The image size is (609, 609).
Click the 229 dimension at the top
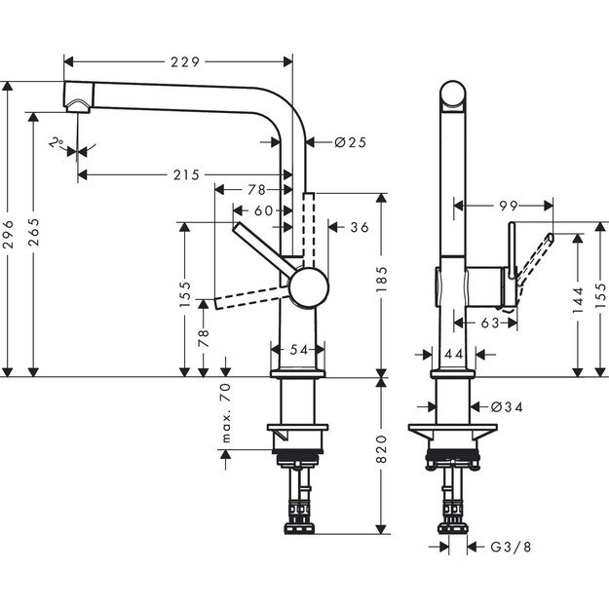click(184, 61)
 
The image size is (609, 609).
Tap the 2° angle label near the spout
click(57, 143)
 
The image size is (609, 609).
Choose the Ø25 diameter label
click(349, 142)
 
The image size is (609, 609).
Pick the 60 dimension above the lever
click(263, 209)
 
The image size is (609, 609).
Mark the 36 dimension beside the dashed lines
click(359, 227)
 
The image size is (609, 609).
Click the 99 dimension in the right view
click(505, 207)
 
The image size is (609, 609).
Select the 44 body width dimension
click(453, 356)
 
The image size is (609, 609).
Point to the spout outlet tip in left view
click(75, 101)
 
